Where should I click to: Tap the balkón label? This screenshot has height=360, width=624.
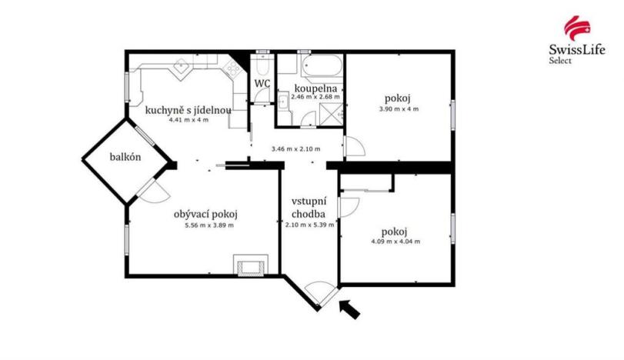(124, 158)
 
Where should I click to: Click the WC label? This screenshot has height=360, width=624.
(262, 83)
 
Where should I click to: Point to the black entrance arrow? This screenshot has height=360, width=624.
(349, 309)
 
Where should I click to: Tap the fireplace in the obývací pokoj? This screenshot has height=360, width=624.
(252, 266)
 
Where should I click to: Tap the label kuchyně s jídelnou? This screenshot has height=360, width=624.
(189, 109)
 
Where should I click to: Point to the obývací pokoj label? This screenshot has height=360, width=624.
(205, 214)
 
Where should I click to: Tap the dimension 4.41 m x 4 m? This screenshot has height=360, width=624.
(188, 120)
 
